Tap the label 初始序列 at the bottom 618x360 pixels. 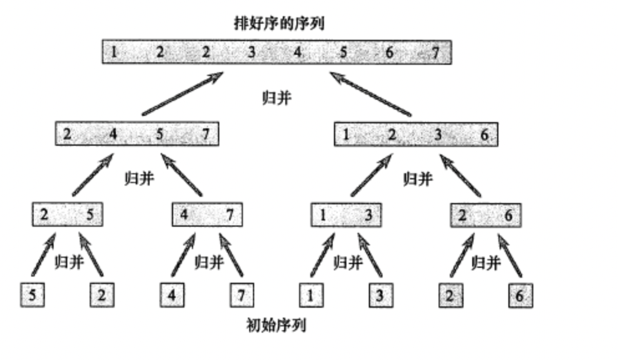tap(277, 325)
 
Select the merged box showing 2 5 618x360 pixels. tap(67, 215)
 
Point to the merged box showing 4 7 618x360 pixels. tap(207, 215)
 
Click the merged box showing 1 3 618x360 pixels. tap(346, 215)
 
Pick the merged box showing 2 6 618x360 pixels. tap(486, 215)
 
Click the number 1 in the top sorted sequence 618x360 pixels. tap(115, 52)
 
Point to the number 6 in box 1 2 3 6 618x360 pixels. tap(484, 134)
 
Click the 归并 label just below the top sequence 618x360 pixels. tap(277, 98)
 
